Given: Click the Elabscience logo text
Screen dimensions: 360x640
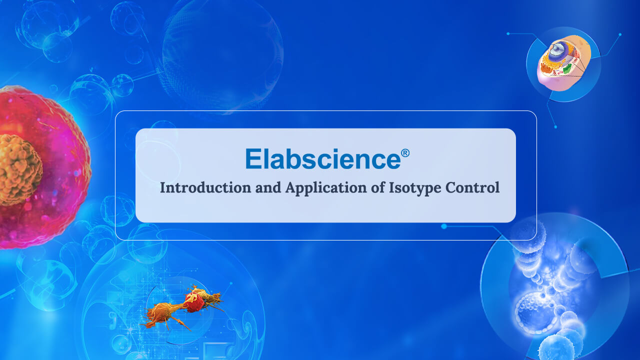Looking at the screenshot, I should point(322,159).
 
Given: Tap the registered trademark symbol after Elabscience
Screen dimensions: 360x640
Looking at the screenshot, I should point(405,153).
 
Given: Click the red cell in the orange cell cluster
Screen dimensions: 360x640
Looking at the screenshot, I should point(193,302).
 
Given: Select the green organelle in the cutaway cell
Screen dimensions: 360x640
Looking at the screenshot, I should point(566,69).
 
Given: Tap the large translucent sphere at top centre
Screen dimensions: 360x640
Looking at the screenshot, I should point(222,55).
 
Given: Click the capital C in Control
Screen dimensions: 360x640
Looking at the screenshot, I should point(451,188).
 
